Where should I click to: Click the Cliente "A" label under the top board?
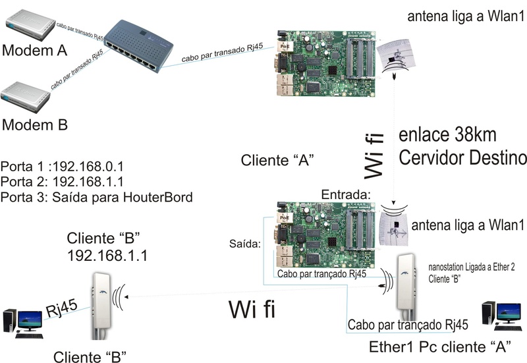[276, 159]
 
